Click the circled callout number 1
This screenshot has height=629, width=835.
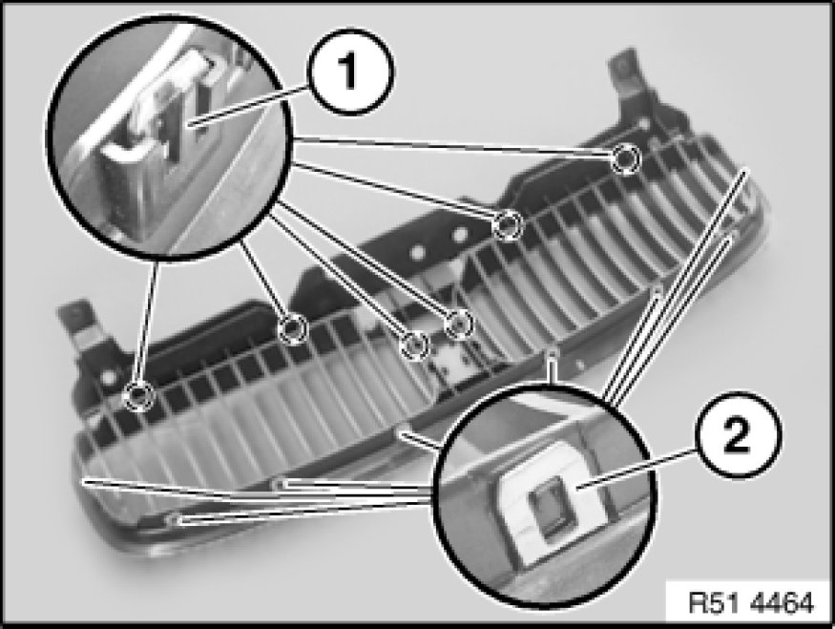point(350,72)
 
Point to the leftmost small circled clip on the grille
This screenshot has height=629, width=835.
point(138,396)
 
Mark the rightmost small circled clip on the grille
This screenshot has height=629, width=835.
point(626,158)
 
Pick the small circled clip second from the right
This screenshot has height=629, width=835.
point(508,224)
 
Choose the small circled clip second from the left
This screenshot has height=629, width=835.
point(293,329)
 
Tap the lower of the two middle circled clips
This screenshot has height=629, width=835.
point(414,346)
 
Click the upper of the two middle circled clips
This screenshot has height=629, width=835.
point(459,324)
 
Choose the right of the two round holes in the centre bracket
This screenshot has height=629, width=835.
point(460,233)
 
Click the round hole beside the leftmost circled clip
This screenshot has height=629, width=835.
point(109,377)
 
